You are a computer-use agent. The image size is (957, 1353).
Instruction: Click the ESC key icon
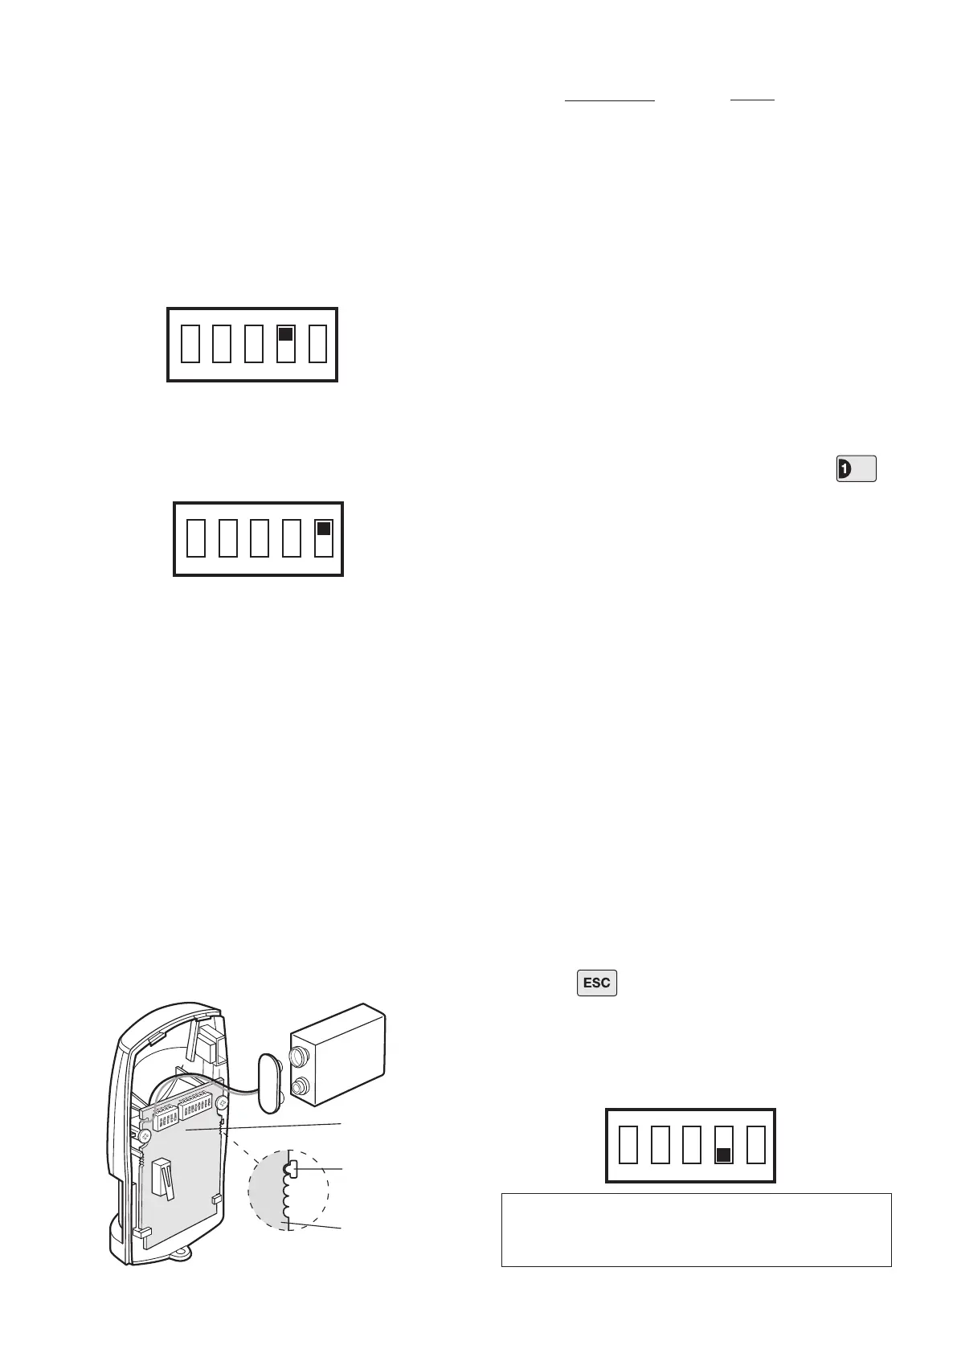point(596,983)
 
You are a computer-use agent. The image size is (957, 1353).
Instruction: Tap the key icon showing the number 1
point(856,468)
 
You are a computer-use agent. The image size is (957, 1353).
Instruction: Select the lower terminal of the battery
point(300,1089)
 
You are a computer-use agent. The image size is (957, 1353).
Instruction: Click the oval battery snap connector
point(268,1080)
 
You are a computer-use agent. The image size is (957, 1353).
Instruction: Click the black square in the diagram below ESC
point(722,1155)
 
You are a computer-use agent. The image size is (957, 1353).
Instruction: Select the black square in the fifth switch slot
point(323,529)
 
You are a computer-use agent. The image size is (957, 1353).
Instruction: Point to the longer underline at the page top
point(610,100)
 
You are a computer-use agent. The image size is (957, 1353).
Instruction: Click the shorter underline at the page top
point(752,100)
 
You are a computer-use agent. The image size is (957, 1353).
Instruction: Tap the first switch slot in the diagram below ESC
point(628,1146)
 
